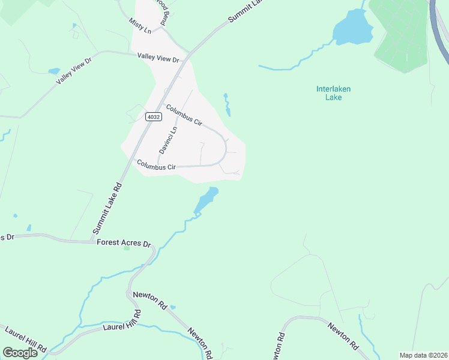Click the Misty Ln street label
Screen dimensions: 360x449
(140, 25)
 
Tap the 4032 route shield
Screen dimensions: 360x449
(153, 117)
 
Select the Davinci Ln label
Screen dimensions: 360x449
(172, 139)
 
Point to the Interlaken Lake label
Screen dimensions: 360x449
(333, 93)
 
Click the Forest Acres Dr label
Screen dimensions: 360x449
(124, 243)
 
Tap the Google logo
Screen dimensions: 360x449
(20, 352)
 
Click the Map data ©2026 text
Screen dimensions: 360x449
(423, 355)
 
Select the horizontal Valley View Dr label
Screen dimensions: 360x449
(158, 59)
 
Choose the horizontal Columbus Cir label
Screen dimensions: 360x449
(155, 165)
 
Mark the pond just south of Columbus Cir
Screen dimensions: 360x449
(206, 199)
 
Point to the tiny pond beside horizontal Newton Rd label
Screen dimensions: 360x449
(173, 307)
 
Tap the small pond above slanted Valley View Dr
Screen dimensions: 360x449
(54, 71)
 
